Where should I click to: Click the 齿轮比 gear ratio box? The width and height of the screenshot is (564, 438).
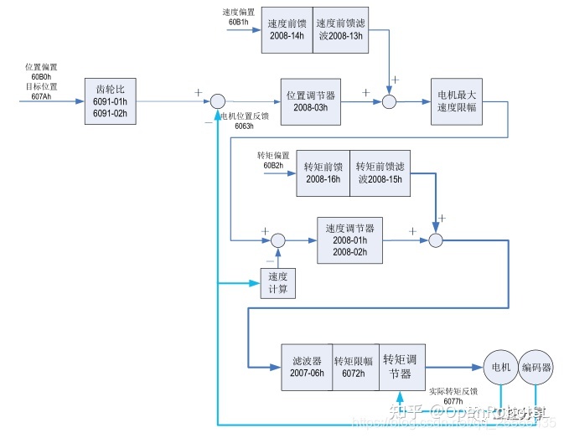coord(111,101)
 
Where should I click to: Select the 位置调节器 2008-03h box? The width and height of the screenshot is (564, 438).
coord(311,101)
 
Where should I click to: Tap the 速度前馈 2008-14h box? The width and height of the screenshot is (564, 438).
coord(287,29)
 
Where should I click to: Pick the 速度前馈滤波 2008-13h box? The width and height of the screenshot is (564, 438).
coord(340,29)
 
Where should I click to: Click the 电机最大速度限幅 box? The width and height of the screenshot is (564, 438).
coord(456,101)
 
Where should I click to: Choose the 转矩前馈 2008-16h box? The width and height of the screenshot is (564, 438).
coord(323,173)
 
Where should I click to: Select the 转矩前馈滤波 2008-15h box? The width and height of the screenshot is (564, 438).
coord(379,173)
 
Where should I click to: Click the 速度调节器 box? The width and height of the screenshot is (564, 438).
coord(349,240)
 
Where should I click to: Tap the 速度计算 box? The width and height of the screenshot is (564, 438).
coord(278,283)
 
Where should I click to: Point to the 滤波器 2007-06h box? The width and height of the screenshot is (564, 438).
coord(307,366)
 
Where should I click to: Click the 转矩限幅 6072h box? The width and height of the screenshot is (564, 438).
coord(355,366)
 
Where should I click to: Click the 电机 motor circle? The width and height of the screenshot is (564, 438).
coord(499,367)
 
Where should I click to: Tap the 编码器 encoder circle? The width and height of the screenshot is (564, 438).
coord(536,367)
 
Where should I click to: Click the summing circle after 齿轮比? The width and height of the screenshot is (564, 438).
coord(216,101)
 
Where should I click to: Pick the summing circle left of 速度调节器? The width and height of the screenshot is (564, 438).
coord(278,240)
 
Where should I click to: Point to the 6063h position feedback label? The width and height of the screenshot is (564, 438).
coord(244,126)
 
